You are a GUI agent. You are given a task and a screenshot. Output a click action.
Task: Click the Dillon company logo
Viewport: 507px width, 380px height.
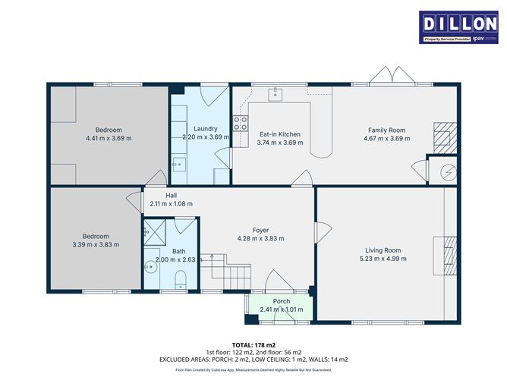pyautogui.click(x=458, y=27)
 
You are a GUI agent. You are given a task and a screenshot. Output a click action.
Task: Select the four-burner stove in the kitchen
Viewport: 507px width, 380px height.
pyautogui.click(x=241, y=123)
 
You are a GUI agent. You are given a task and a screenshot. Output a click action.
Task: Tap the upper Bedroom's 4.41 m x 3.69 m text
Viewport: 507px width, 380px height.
pyautogui.click(x=109, y=138)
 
